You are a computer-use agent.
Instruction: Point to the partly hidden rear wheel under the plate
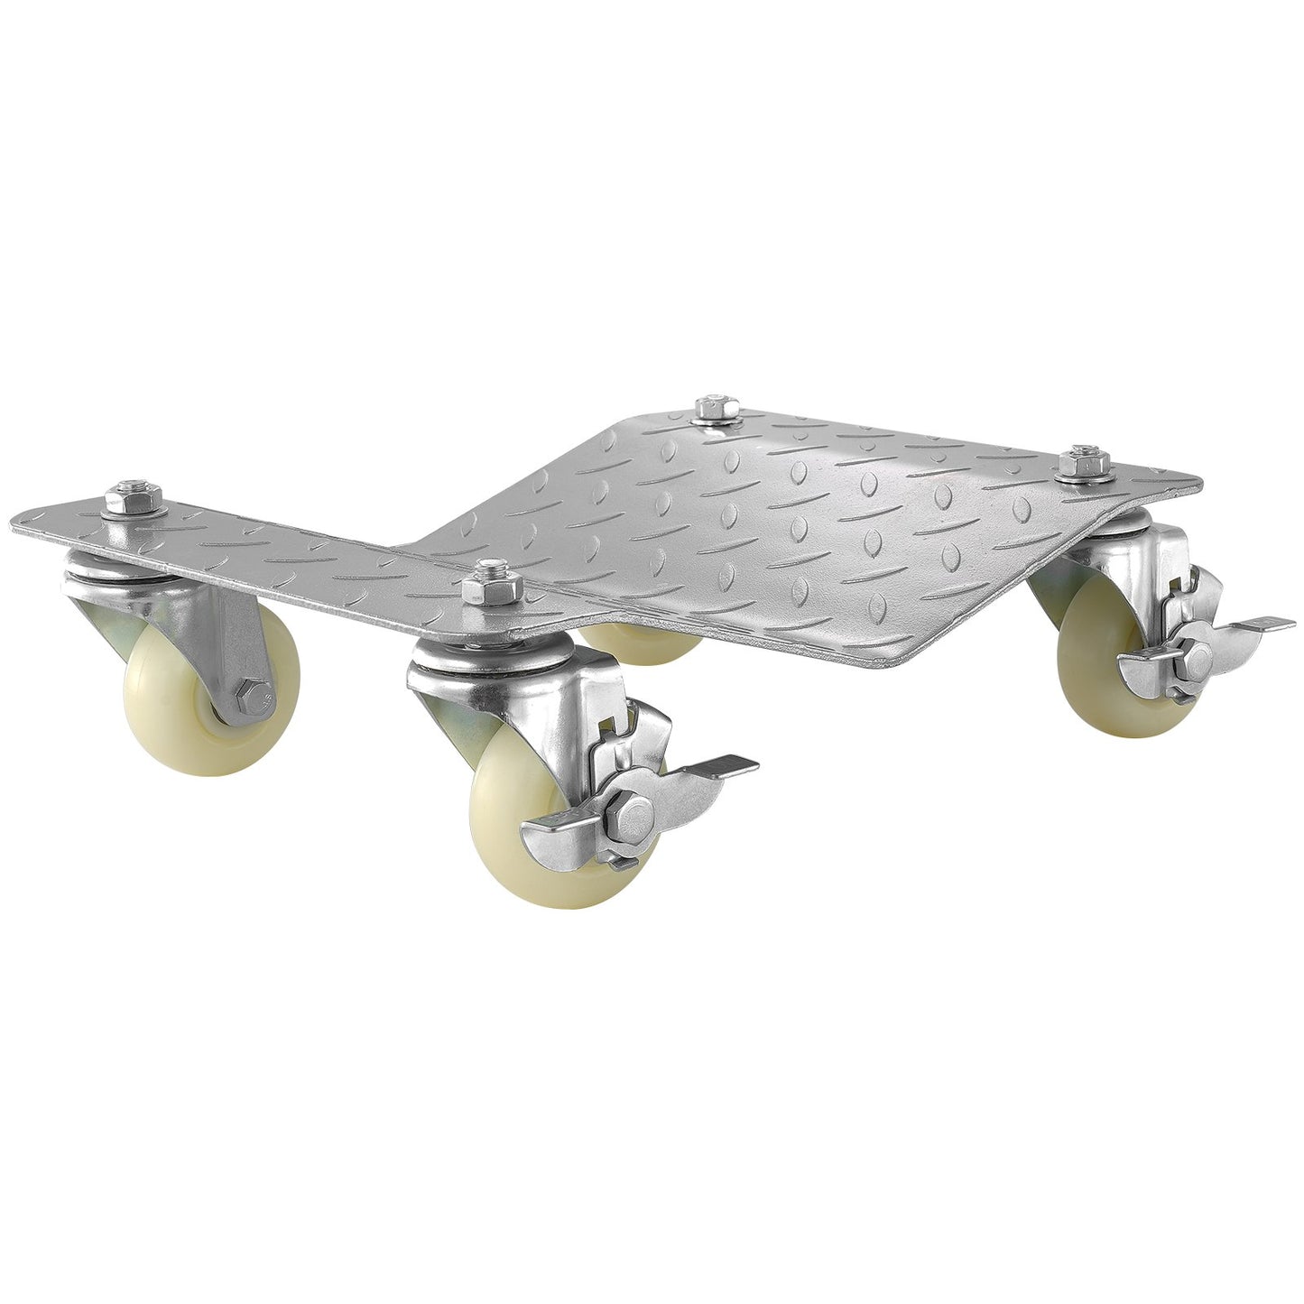(x=645, y=643)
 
